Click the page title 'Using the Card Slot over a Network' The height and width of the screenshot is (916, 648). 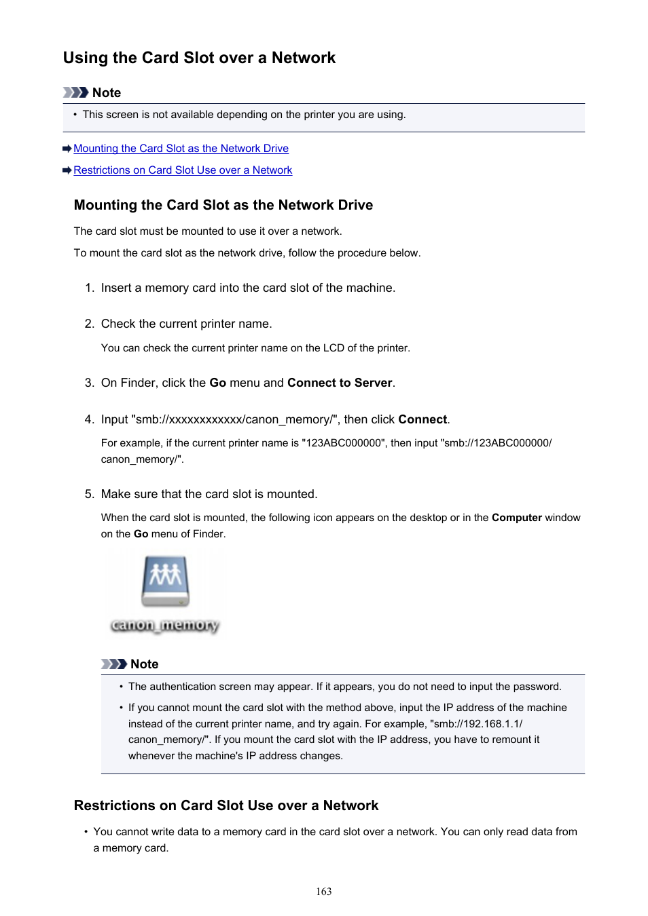tap(199, 58)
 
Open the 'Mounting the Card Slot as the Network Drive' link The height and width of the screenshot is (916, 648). tap(181, 149)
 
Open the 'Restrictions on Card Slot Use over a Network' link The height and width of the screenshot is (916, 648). tap(183, 170)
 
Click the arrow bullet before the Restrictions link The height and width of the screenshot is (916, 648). tap(67, 170)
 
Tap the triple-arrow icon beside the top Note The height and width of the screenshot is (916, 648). tap(75, 92)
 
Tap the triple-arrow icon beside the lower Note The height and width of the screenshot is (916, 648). tap(113, 664)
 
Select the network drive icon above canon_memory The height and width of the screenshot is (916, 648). tap(165, 581)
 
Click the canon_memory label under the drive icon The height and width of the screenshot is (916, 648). tap(165, 625)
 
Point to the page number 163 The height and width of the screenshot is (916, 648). tap(324, 892)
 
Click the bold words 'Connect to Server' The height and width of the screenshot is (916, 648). tap(340, 383)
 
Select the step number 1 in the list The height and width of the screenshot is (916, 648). tap(89, 288)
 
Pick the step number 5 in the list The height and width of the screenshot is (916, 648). tap(89, 494)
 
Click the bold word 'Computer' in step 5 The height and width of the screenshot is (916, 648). tap(516, 518)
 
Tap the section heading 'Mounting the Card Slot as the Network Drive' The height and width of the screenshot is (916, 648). tap(223, 205)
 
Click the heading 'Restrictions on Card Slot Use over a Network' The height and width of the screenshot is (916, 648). tap(226, 805)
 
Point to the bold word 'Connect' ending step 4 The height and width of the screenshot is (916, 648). tap(422, 419)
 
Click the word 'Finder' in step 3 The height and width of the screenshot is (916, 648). tap(138, 383)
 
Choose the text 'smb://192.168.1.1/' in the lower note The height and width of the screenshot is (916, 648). tap(478, 724)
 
